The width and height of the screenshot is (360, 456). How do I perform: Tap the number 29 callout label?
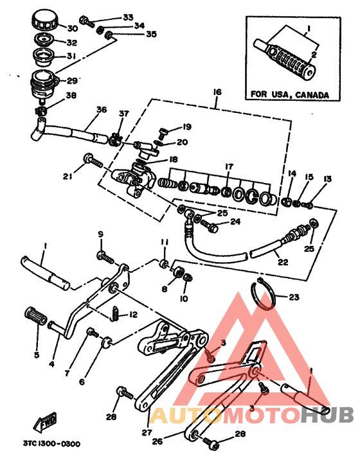pos(72,80)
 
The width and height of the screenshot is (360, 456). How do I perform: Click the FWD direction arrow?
pos(45,422)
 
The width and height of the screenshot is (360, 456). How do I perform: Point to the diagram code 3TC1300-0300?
pos(51,444)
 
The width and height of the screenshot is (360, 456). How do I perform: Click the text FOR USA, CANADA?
pos(290,94)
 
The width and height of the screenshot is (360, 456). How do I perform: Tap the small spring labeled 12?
pos(115,313)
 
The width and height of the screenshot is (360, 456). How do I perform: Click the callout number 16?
pos(217,92)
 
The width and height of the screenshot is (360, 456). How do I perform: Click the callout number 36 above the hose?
pos(102,110)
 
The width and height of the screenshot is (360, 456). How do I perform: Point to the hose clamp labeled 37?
pos(116,139)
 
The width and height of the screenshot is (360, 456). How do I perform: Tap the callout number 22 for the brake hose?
pos(283,261)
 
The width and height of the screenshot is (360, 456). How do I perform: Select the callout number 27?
pos(147,432)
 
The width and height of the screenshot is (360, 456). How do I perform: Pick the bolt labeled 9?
pos(105,258)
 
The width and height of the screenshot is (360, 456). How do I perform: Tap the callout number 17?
pos(230,166)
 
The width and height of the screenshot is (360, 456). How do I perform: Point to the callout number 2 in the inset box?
pos(314,55)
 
